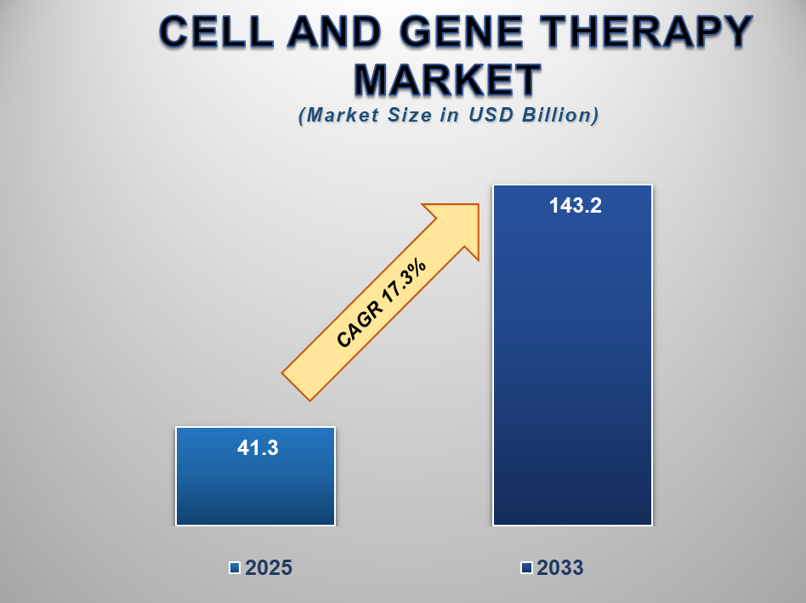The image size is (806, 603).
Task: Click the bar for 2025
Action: click(x=255, y=489)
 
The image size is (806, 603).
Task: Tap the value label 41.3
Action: click(x=256, y=447)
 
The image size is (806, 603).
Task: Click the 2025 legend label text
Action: click(x=269, y=569)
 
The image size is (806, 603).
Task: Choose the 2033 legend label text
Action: click(x=559, y=569)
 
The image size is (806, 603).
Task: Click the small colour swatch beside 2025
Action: click(x=235, y=568)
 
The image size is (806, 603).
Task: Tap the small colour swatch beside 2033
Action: click(x=526, y=568)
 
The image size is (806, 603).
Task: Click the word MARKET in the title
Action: click(x=447, y=80)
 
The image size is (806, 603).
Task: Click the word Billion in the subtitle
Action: click(x=562, y=116)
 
